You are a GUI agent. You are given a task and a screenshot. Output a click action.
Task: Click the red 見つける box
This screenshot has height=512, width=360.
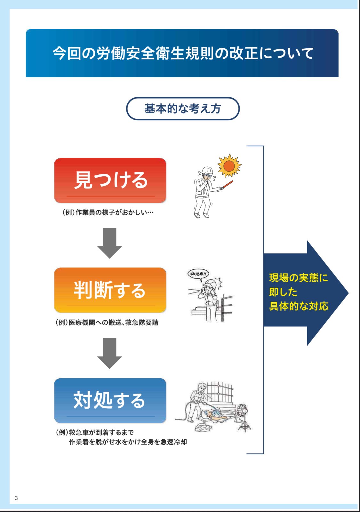(110, 180)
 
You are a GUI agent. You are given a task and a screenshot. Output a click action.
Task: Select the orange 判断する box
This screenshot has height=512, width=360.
(110, 290)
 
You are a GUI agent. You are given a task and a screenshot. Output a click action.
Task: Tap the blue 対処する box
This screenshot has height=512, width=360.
(110, 400)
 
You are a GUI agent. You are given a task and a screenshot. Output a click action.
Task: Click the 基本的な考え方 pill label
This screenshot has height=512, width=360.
(183, 109)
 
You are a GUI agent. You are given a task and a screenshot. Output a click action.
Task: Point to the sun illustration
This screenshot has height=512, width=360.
(229, 166)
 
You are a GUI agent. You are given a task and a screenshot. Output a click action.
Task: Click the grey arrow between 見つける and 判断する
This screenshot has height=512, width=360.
(110, 243)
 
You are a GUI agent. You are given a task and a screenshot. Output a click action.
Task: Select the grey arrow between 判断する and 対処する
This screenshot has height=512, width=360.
(110, 353)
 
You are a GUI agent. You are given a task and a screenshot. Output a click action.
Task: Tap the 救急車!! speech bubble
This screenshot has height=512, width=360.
(198, 274)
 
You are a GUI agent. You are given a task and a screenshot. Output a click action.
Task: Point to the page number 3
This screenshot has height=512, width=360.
(16, 498)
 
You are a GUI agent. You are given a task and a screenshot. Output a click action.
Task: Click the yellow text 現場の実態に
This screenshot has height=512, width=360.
(299, 278)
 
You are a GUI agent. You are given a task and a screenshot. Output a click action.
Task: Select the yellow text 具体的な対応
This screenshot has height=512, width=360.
(299, 306)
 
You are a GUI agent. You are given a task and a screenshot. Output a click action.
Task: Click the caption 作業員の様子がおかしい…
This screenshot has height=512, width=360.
(108, 212)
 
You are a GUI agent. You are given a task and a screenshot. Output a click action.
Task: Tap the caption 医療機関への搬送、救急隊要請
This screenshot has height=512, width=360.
(107, 323)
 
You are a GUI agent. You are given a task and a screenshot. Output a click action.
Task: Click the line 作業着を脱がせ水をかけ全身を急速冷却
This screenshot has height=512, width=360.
(128, 442)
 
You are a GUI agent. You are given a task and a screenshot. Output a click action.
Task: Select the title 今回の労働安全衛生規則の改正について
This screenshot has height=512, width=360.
(183, 53)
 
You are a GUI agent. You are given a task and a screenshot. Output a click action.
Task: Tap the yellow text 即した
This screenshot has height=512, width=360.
(283, 292)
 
